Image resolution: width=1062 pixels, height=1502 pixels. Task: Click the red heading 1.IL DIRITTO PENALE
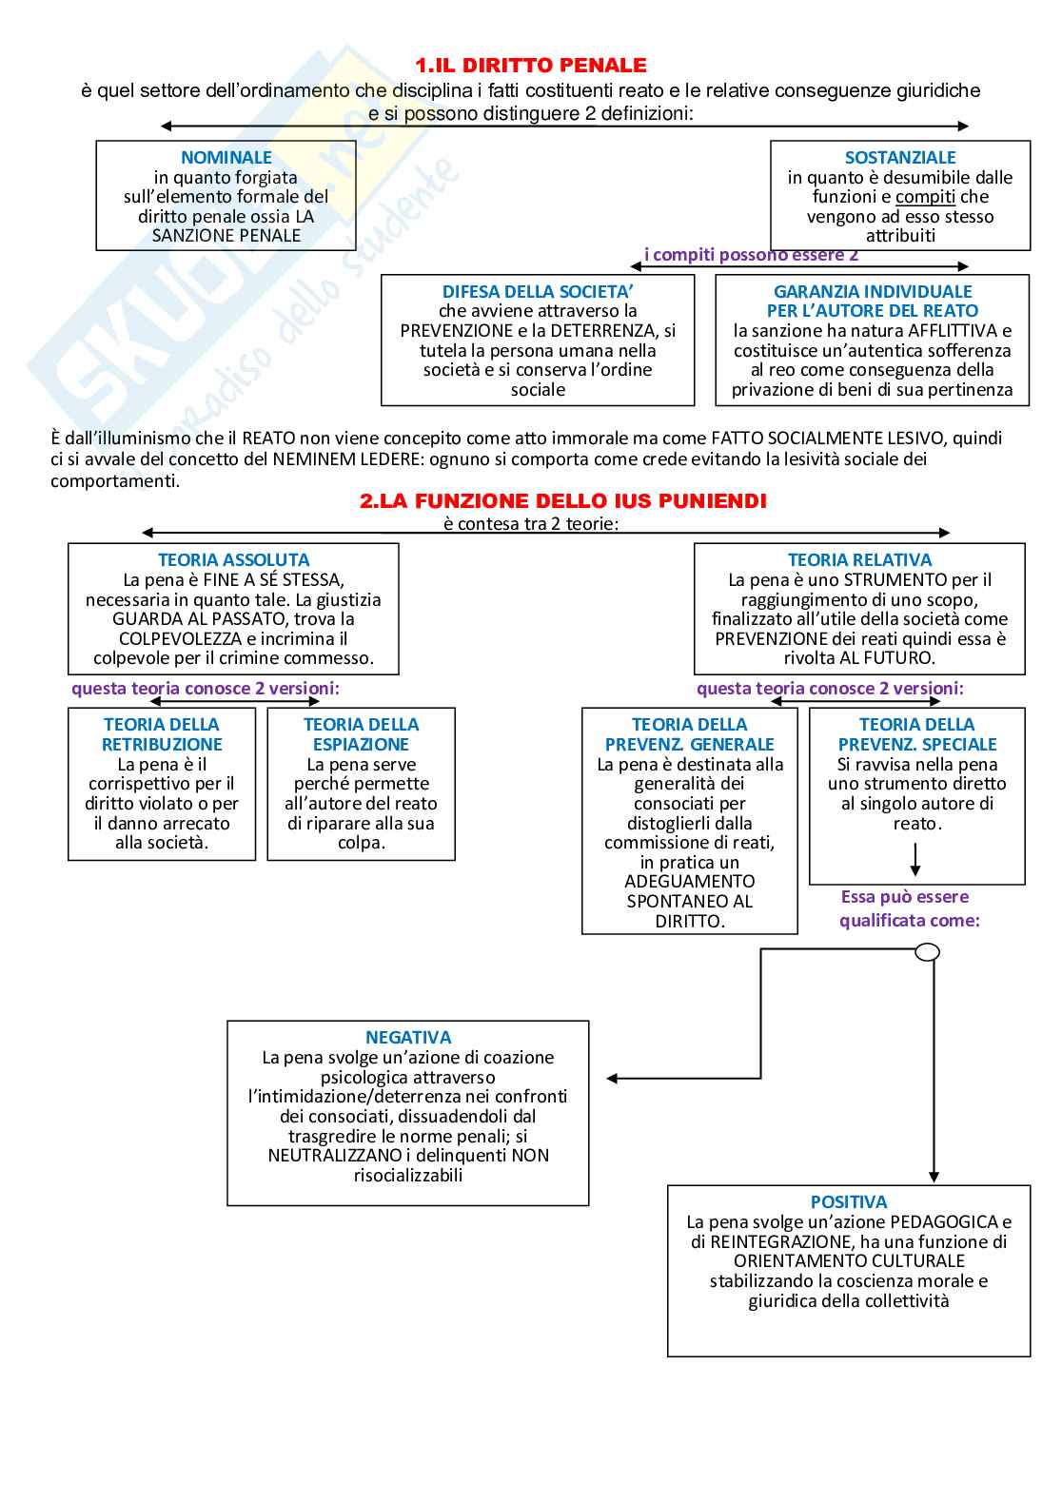click(x=530, y=66)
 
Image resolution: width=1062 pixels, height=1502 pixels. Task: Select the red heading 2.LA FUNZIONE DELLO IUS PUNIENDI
click(x=562, y=501)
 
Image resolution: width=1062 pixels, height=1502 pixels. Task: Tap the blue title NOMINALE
click(x=226, y=158)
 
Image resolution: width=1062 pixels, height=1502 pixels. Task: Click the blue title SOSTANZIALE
click(x=900, y=158)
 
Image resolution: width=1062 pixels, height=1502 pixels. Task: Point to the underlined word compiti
click(x=925, y=197)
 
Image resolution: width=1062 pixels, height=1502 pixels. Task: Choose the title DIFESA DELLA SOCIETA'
click(x=538, y=292)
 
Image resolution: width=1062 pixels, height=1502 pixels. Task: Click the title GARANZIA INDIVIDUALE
click(x=873, y=292)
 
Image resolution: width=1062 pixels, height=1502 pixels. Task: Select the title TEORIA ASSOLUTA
click(x=233, y=560)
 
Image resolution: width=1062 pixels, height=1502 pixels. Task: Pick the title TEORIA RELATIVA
click(x=859, y=560)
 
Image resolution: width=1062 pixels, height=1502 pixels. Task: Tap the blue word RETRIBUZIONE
click(x=162, y=745)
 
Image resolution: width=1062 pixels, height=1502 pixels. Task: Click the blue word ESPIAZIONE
click(x=361, y=745)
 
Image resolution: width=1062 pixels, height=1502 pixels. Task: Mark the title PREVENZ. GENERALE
click(x=690, y=745)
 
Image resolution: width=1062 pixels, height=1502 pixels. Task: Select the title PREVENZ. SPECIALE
click(x=917, y=745)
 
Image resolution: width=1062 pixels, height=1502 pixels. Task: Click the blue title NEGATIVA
click(x=408, y=1038)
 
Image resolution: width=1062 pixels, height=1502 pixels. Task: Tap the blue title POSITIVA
click(x=849, y=1202)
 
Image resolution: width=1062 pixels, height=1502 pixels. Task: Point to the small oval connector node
click(x=927, y=952)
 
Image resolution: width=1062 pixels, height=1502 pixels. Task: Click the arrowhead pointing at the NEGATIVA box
click(x=613, y=1079)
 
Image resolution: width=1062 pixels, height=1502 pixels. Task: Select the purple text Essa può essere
click(x=904, y=897)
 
